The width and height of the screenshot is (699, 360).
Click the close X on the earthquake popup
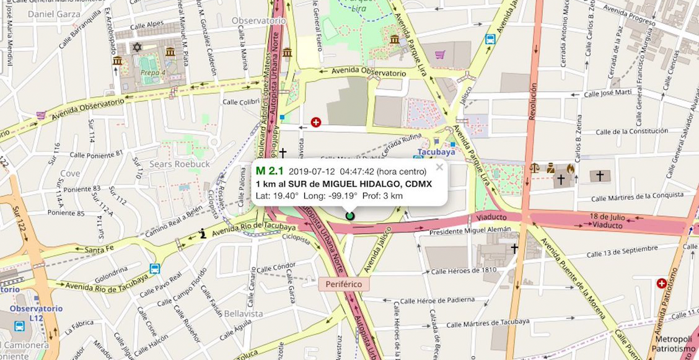point(439,167)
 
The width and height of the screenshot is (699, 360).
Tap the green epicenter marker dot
point(349,216)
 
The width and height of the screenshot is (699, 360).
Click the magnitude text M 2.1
point(270,171)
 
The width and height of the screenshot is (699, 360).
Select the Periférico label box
point(344,284)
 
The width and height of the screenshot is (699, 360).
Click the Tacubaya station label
point(436,151)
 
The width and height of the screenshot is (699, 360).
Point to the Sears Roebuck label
point(179,164)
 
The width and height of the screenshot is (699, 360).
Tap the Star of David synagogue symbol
point(137,47)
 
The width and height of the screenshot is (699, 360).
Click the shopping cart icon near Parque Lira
point(440,55)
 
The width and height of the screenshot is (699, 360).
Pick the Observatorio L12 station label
point(36,314)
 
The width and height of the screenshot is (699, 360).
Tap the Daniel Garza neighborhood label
point(55,14)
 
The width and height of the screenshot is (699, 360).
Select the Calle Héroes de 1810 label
point(464,271)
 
